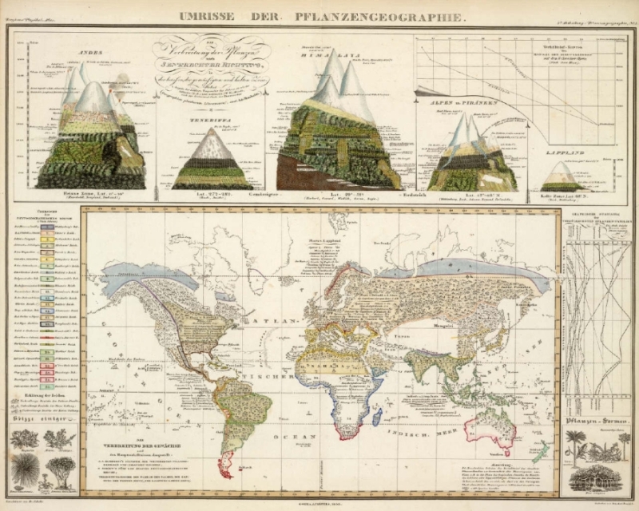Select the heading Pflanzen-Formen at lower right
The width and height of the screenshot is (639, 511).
click(595, 419)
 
